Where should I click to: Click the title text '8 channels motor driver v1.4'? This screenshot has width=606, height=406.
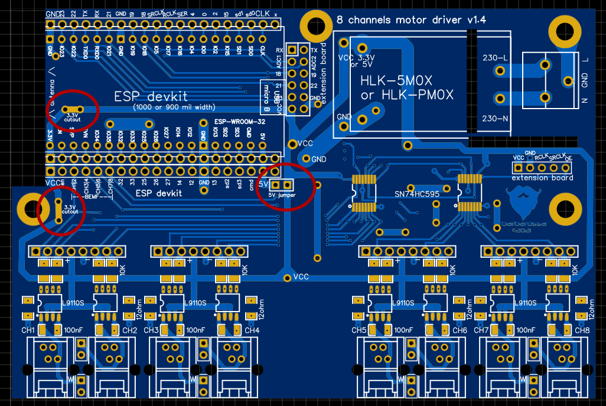(411, 19)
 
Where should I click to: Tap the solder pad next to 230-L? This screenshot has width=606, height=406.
(500, 71)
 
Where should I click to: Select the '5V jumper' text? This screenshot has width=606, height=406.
(282, 195)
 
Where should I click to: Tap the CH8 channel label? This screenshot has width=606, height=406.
(581, 330)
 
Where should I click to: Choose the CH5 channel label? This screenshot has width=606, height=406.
(359, 330)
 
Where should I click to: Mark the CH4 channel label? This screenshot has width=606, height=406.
(252, 330)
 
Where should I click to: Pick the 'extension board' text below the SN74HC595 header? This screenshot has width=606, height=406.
(542, 178)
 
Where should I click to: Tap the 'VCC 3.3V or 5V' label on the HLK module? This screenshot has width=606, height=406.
(353, 61)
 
